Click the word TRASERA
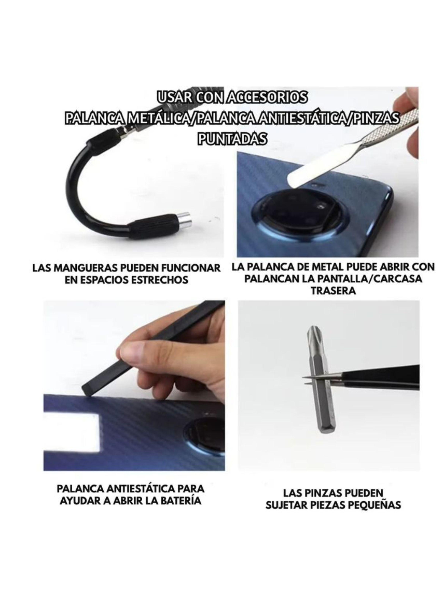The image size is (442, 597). tap(333, 291)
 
